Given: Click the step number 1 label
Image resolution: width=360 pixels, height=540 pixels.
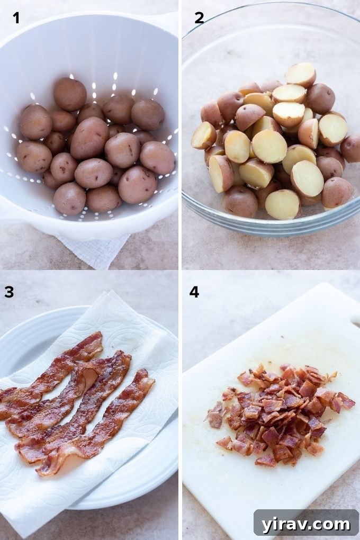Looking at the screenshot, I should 16,18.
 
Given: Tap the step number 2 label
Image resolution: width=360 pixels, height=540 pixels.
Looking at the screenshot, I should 199,18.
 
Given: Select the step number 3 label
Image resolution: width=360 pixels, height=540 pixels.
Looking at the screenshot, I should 9,292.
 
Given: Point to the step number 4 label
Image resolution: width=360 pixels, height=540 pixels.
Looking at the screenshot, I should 194,292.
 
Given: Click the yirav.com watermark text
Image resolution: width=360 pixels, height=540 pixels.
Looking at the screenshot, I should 305,524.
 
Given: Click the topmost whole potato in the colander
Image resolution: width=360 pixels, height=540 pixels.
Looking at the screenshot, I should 69,94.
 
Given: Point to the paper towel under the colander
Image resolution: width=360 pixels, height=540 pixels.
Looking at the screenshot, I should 95,249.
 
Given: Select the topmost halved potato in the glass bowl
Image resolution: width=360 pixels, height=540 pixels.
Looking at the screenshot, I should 300,75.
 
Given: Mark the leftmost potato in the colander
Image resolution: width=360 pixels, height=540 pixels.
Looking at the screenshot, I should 34,157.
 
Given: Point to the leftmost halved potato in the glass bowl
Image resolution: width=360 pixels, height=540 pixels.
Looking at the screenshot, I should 204,136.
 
